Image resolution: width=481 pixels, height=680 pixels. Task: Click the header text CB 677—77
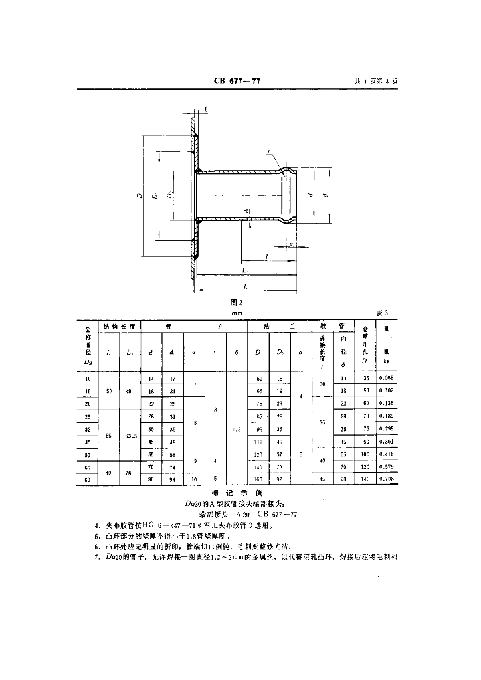click(237, 81)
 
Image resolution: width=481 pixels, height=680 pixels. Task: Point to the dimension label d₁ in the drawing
click(326, 195)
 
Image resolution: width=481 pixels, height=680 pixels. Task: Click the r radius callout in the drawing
click(268, 152)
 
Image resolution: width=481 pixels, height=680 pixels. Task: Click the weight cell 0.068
click(385, 379)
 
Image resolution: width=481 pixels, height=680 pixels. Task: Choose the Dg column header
click(88, 362)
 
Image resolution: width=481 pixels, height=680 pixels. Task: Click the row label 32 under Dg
click(88, 429)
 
